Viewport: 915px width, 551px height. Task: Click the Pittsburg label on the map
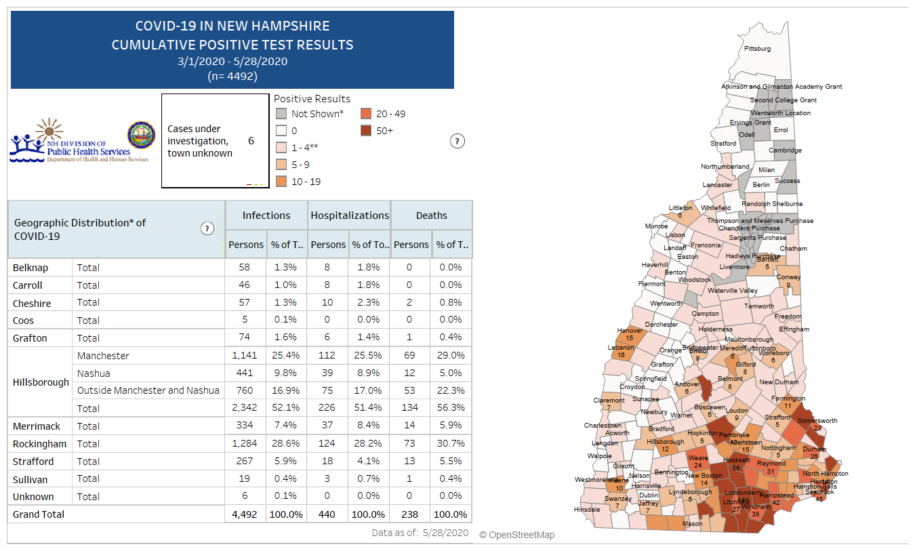coord(757,49)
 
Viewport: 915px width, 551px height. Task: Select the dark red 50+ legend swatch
coord(366,131)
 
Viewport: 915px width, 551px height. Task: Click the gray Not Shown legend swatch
coord(281,114)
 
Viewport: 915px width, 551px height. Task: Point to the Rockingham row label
coord(39,444)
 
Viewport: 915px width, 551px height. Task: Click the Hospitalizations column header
coord(350,216)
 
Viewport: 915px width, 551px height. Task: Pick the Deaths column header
coord(432,216)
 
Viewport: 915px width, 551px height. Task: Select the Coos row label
coord(23,321)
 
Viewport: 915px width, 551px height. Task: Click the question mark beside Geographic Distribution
coord(207,228)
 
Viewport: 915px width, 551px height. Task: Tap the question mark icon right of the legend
coord(457,141)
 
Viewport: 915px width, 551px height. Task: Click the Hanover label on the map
coord(630,331)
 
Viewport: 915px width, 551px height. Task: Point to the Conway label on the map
coord(788,277)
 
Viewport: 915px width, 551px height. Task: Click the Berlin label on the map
coord(761,184)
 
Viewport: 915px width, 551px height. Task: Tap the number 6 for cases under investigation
coord(251,141)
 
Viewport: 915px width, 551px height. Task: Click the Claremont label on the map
coord(609,400)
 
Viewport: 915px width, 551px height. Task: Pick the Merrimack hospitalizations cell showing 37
coord(327,426)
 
